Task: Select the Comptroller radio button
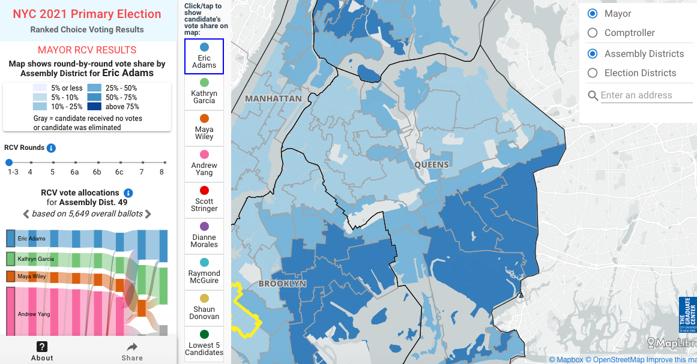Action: [x=593, y=33]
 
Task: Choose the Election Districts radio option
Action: [x=593, y=73]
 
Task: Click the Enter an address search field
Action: [x=645, y=95]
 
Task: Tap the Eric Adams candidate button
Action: [x=204, y=56]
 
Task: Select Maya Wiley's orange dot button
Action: [x=204, y=119]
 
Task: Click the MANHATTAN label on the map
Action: [x=273, y=98]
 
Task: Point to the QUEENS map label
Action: [x=431, y=165]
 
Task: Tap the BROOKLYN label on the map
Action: [x=282, y=284]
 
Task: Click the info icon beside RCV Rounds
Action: [x=52, y=148]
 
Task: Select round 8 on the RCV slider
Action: [x=162, y=163]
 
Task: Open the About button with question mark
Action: [x=42, y=351]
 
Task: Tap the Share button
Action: [x=132, y=351]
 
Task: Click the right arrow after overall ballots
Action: [x=148, y=214]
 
